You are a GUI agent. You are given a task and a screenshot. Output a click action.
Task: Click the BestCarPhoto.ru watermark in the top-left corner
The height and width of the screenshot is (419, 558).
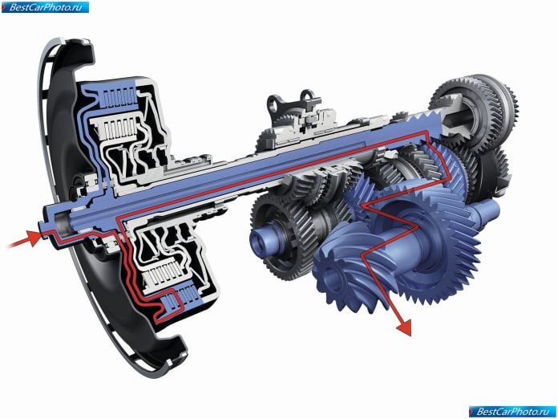[45, 6]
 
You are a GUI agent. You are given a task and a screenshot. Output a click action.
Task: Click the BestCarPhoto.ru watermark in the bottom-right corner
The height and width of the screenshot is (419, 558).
[512, 412]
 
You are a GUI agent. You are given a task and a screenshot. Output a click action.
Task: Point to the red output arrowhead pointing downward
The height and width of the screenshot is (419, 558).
[403, 327]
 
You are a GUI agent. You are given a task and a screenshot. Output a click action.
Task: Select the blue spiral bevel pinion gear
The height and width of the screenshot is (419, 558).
[350, 271]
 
